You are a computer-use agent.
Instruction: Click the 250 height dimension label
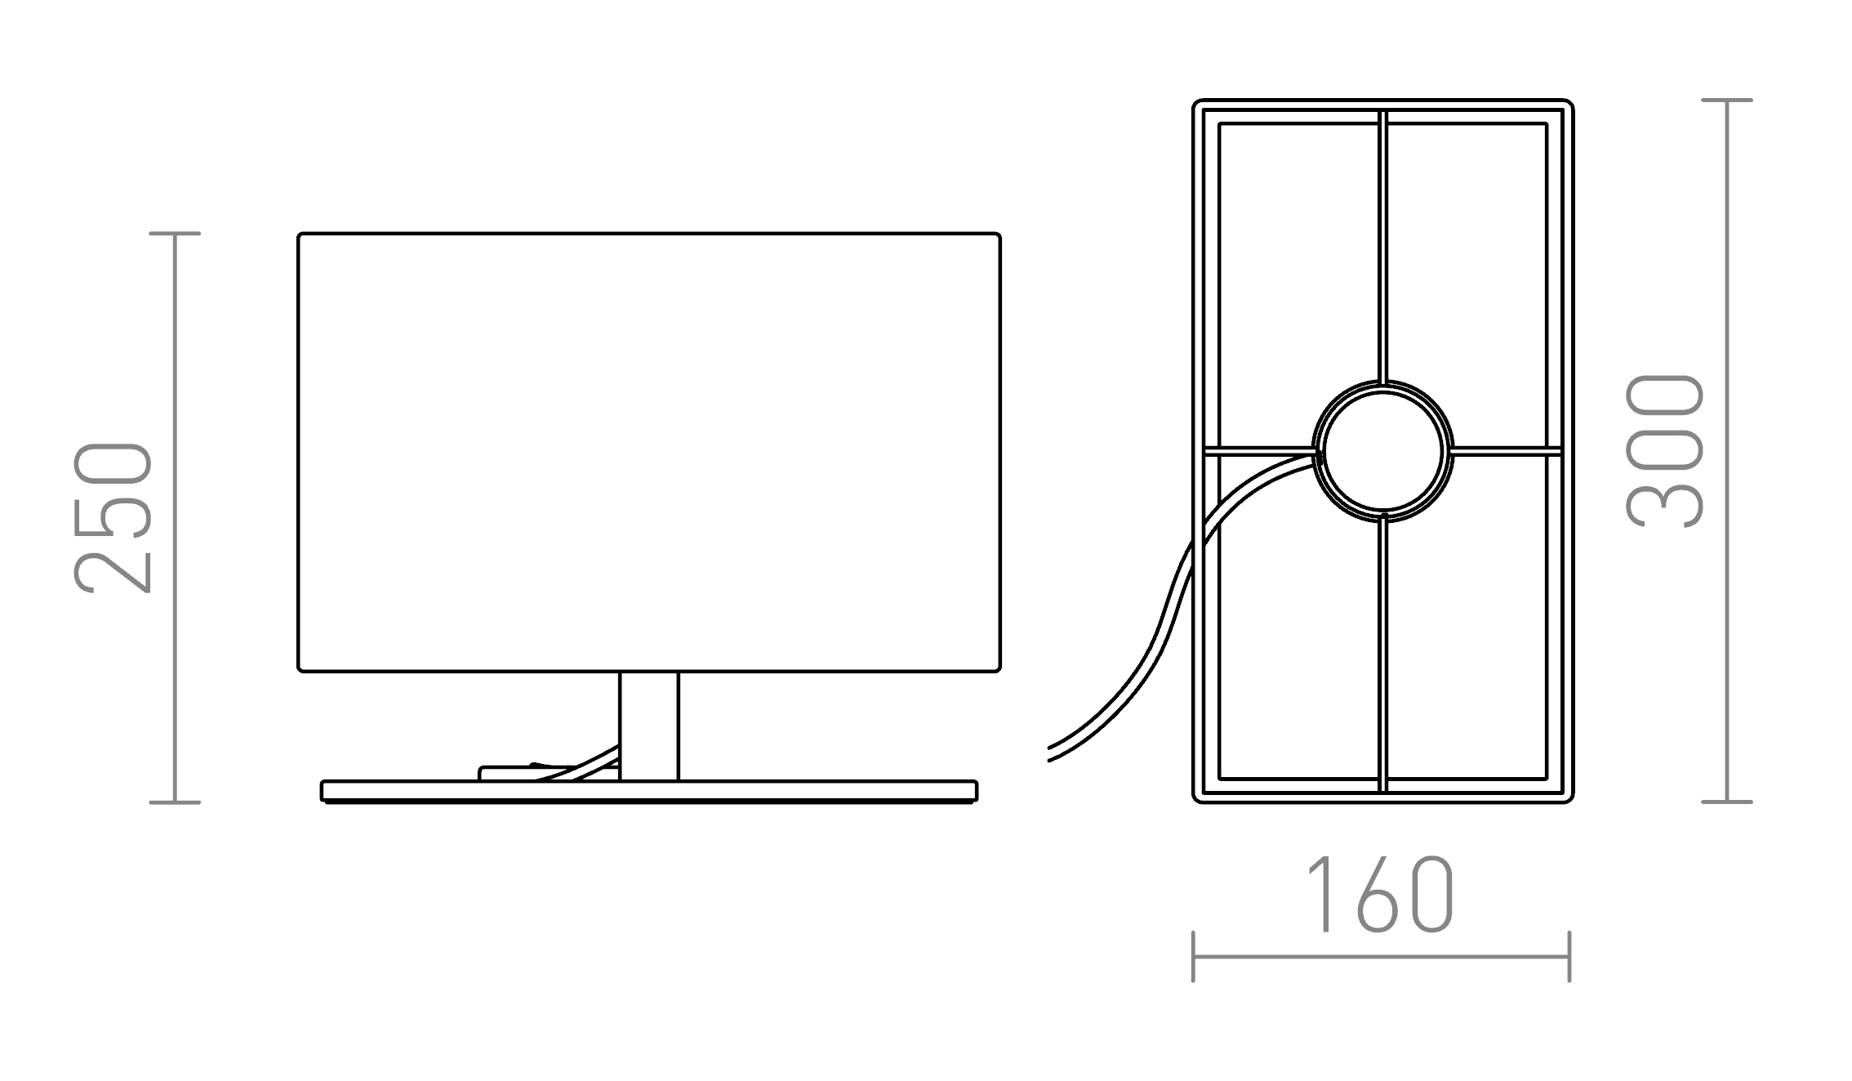pos(113,517)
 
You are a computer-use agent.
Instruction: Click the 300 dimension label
pos(1664,451)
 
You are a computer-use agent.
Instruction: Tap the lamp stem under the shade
pos(648,726)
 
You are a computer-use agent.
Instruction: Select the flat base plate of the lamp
pos(648,791)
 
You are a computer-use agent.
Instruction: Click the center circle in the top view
pos(1382,450)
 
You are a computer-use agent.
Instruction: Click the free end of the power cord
pos(1050,754)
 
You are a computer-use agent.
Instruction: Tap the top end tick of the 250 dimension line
pos(175,234)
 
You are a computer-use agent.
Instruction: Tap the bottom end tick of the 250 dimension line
pos(175,802)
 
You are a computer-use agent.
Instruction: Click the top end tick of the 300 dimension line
pos(1727,101)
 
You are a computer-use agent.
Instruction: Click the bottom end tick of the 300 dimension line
pos(1727,802)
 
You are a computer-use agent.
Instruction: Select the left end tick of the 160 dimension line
pos(1193,956)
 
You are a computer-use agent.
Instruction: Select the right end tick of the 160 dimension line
pos(1569,956)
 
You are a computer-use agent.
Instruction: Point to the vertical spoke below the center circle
pos(1382,654)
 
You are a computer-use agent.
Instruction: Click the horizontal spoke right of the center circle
pos(1507,450)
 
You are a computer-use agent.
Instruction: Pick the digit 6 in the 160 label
pos(1380,896)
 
